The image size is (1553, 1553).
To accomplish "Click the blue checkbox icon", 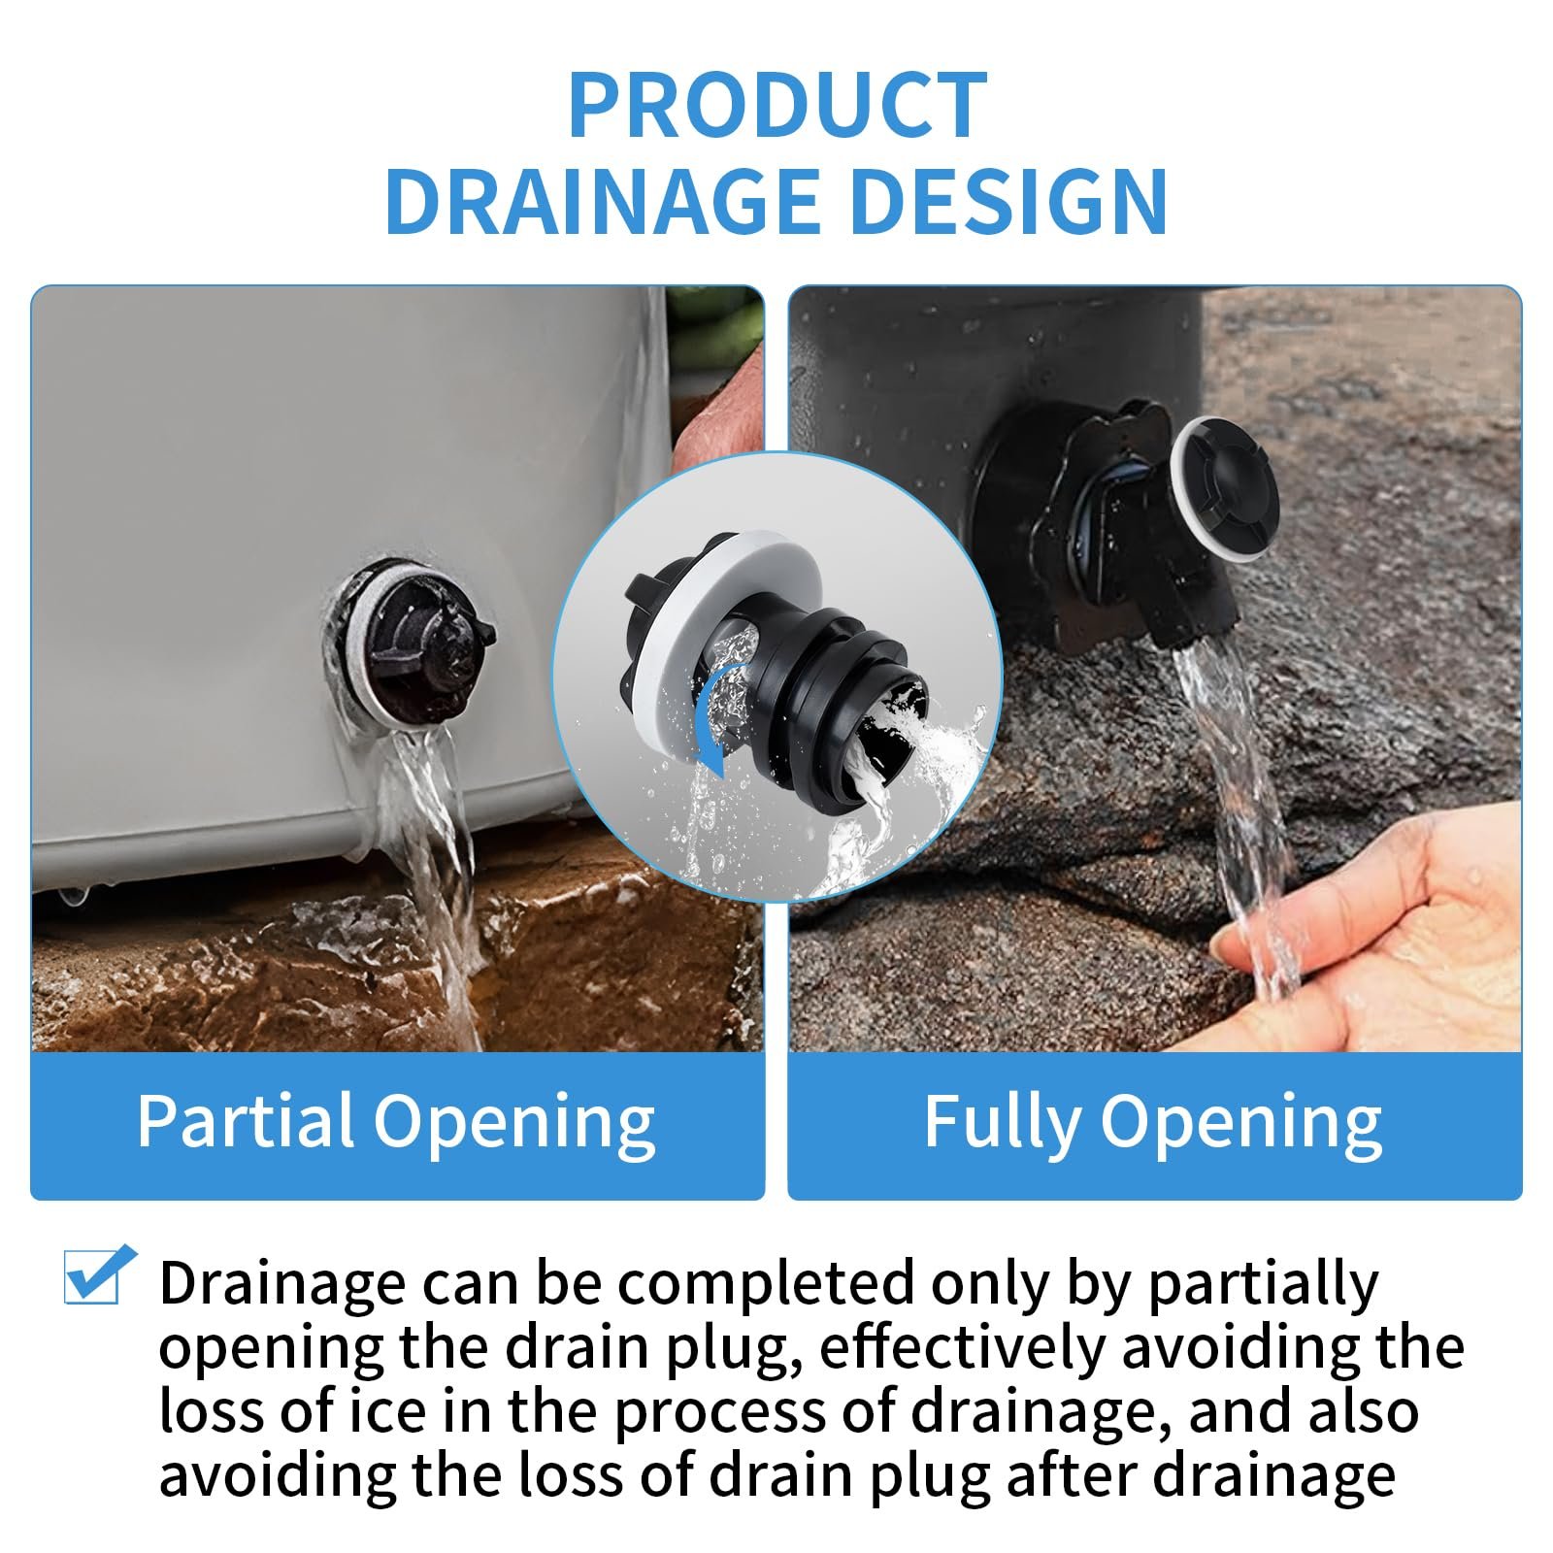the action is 98,1274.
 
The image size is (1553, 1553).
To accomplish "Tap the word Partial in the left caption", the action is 245,1121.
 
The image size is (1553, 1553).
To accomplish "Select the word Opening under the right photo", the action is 1240,1126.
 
